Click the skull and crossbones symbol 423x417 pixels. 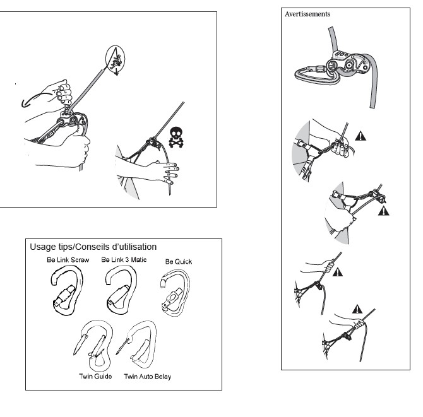click(x=176, y=137)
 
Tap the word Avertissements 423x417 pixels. click(x=307, y=14)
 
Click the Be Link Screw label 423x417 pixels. click(x=68, y=260)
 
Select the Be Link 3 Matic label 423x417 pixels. click(x=124, y=259)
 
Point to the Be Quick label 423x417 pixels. click(x=179, y=261)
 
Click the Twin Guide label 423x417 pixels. click(x=95, y=376)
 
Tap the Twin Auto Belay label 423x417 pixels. click(x=148, y=377)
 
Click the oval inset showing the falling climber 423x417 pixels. click(x=106, y=58)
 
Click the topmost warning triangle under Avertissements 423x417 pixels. click(x=360, y=136)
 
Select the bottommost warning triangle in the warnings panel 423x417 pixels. click(x=357, y=309)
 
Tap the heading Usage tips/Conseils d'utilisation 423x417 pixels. click(x=93, y=247)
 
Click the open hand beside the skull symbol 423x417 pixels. click(x=168, y=172)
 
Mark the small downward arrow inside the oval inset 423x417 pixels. click(x=116, y=71)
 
